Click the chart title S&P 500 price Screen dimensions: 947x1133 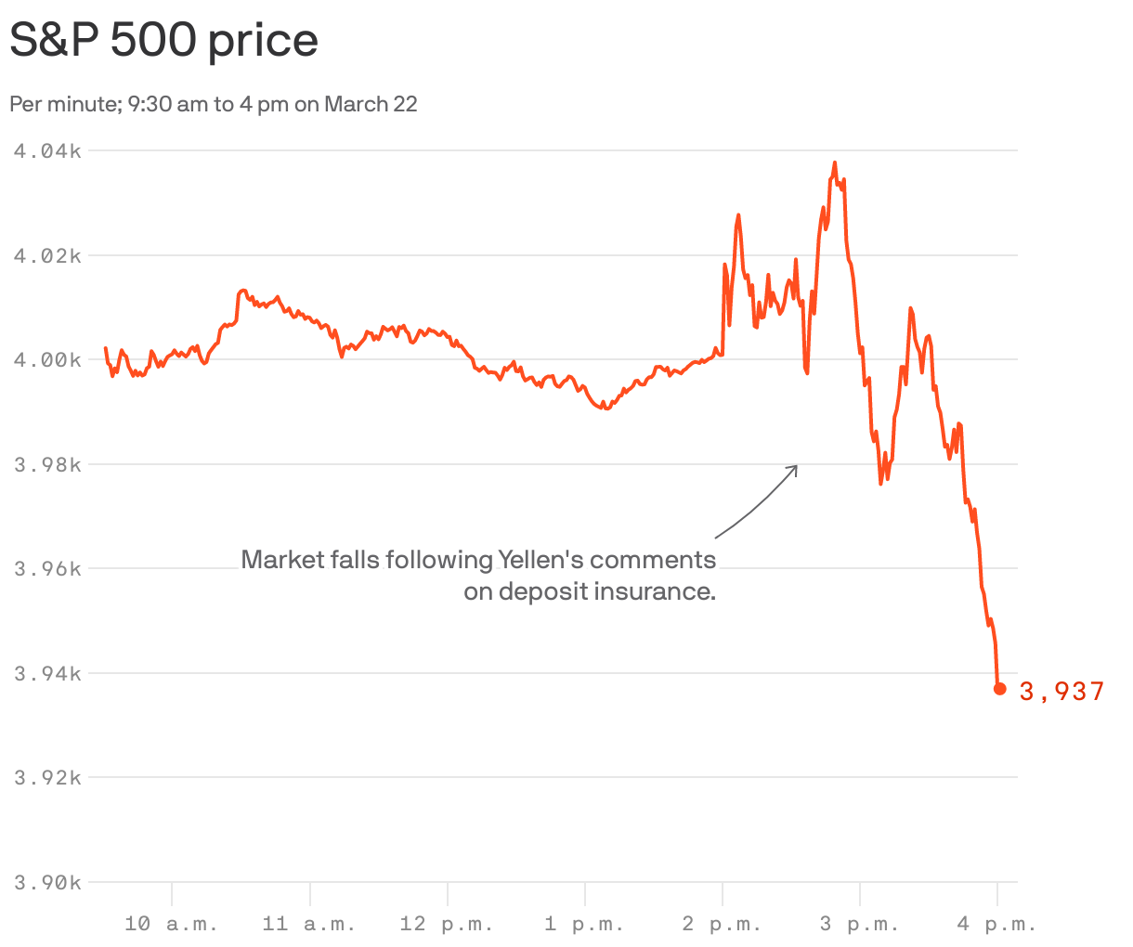pyautogui.click(x=163, y=40)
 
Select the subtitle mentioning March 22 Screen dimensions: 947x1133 pyautogui.click(x=214, y=104)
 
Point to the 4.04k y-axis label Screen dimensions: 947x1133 pyautogui.click(x=47, y=150)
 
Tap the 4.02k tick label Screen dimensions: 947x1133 pyautogui.click(x=47, y=255)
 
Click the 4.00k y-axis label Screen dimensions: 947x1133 pyautogui.click(x=47, y=359)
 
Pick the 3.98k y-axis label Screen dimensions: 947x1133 pyautogui.click(x=47, y=464)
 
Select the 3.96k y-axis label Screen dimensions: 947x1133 pyautogui.click(x=47, y=568)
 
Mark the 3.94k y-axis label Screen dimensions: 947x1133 pyautogui.click(x=47, y=673)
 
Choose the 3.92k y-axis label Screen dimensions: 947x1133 pyautogui.click(x=47, y=777)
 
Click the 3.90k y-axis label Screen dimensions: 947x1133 pyautogui.click(x=47, y=882)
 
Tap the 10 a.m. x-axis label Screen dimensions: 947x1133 pyautogui.click(x=172, y=924)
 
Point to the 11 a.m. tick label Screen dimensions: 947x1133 pyautogui.click(x=309, y=924)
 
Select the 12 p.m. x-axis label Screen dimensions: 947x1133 pyautogui.click(x=447, y=924)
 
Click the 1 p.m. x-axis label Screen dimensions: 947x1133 pyautogui.click(x=584, y=924)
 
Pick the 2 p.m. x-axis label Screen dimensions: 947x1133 pyautogui.click(x=722, y=924)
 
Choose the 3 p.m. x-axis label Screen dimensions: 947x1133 pyautogui.click(x=859, y=924)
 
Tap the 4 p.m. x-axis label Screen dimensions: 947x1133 pyautogui.click(x=996, y=924)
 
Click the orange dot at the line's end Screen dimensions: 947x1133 pyautogui.click(x=999, y=689)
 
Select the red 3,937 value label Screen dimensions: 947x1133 pyautogui.click(x=1062, y=692)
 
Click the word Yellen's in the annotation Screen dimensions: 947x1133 pyautogui.click(x=540, y=560)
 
